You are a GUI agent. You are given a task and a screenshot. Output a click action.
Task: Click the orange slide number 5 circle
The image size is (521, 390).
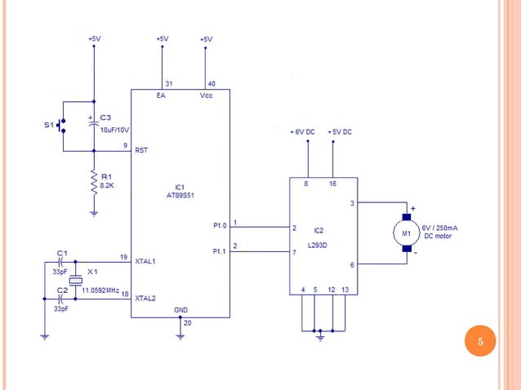pos(480,341)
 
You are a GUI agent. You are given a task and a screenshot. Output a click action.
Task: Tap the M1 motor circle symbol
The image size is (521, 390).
pos(406,235)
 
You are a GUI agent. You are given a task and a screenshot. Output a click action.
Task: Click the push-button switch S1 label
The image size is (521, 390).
pos(48,126)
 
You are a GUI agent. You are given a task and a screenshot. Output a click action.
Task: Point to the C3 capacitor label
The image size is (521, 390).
pos(105,117)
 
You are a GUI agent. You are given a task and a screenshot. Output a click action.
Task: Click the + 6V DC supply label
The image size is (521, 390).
pos(305,131)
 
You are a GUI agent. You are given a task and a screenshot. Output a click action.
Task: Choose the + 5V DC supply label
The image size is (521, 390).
pos(339,131)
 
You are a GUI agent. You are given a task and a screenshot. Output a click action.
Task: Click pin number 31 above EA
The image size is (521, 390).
pos(168,84)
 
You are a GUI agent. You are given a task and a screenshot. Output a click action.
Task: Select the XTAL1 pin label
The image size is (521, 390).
pos(145,261)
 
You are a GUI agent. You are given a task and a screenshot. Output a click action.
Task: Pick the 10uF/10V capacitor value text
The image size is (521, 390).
pos(115,130)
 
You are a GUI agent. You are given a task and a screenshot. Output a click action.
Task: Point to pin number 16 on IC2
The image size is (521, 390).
pos(332,184)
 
